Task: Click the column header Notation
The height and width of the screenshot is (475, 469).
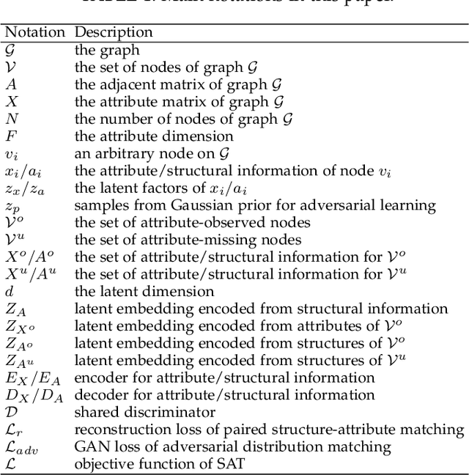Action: [34, 33]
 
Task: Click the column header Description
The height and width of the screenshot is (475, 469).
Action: [114, 33]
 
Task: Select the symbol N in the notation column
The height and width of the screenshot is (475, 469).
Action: [11, 119]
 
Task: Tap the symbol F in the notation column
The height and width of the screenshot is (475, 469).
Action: [10, 136]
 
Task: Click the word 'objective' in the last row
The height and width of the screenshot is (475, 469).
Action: [104, 464]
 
